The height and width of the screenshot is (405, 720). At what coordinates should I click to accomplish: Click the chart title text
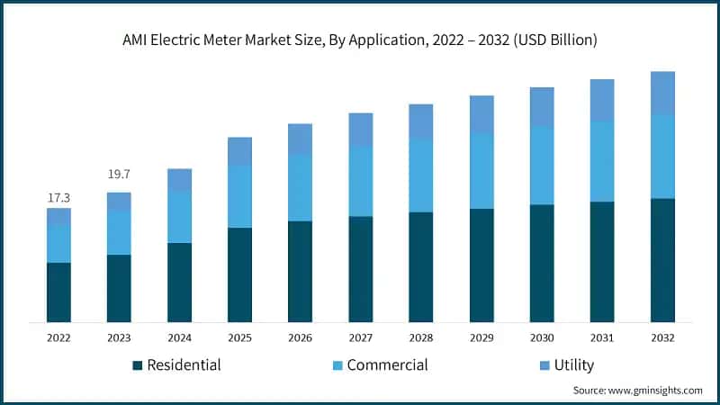(x=360, y=40)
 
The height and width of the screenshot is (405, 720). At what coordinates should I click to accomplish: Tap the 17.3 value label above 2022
(x=58, y=196)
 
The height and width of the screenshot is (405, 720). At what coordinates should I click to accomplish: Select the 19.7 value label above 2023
(x=119, y=174)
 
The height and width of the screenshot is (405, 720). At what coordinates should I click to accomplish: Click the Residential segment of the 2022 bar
(x=58, y=292)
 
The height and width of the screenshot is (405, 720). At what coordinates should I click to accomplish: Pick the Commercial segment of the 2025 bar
(x=239, y=196)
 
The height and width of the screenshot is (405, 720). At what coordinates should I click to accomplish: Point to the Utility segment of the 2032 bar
(x=662, y=93)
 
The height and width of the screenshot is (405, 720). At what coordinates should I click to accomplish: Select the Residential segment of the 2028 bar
(x=420, y=267)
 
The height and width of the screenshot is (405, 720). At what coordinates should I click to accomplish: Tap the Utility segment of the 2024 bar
(x=179, y=179)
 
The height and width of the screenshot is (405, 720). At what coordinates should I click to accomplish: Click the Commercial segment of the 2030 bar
(x=542, y=166)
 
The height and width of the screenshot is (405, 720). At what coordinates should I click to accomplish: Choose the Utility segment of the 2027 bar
(x=360, y=130)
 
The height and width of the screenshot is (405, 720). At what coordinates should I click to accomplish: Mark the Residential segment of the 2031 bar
(x=602, y=262)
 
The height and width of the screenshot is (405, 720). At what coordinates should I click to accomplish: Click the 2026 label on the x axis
(x=300, y=337)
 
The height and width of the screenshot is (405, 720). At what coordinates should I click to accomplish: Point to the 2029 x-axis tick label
(x=481, y=337)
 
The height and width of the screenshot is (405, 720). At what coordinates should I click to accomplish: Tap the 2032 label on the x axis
(x=662, y=337)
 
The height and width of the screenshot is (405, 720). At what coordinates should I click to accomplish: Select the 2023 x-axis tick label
(x=119, y=337)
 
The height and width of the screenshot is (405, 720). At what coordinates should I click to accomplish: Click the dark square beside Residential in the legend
(x=137, y=365)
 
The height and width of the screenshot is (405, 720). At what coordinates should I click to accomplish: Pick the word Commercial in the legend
(x=387, y=364)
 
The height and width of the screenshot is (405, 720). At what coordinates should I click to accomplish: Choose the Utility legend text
(x=574, y=364)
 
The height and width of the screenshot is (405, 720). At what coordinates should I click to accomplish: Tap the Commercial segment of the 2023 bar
(x=119, y=233)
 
